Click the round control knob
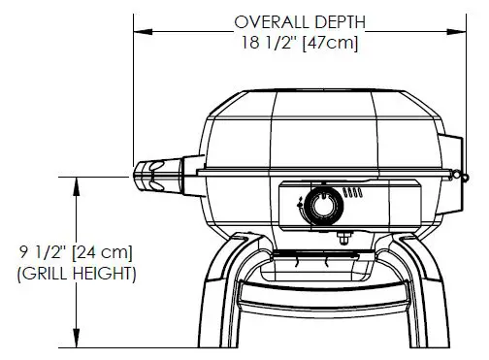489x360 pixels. point(319,205)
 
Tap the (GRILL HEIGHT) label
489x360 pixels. point(77,274)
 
